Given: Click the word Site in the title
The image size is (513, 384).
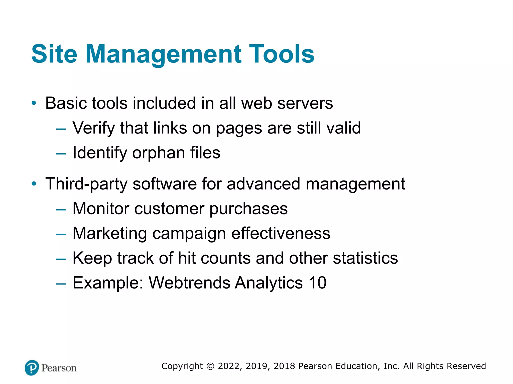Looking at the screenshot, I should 54,54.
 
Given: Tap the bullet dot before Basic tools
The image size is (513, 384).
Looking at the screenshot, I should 34,103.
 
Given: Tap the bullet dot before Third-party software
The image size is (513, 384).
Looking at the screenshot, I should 34,184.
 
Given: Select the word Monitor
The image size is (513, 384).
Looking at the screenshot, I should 101,208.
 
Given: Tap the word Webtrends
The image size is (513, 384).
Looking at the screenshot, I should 189,283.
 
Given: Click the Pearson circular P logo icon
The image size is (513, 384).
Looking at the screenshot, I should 32,367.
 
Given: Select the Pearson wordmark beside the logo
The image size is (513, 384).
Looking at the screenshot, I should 59,368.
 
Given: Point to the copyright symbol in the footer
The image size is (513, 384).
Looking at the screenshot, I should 210,366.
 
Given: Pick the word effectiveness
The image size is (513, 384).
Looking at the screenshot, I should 281,233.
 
